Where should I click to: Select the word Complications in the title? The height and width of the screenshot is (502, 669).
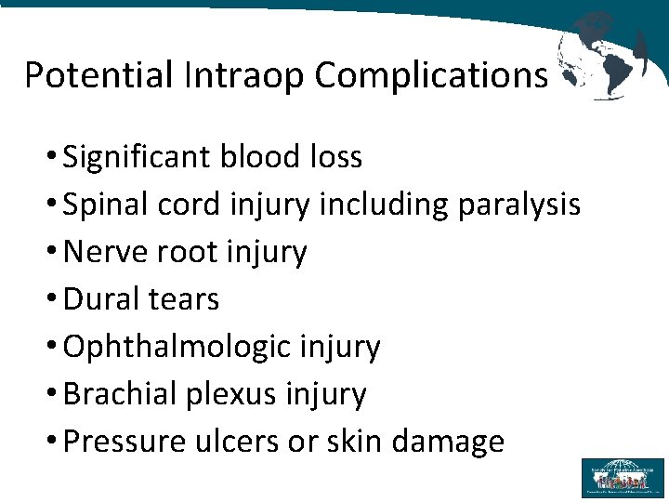431,75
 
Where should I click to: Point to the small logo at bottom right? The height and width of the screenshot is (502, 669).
623,478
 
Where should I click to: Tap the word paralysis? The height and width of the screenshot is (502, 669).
519,205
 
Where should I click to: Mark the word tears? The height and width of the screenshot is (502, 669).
185,299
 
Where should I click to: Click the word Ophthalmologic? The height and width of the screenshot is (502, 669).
177,347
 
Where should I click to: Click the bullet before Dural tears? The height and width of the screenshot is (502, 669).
53,299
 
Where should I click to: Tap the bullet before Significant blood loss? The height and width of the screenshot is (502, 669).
53,158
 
